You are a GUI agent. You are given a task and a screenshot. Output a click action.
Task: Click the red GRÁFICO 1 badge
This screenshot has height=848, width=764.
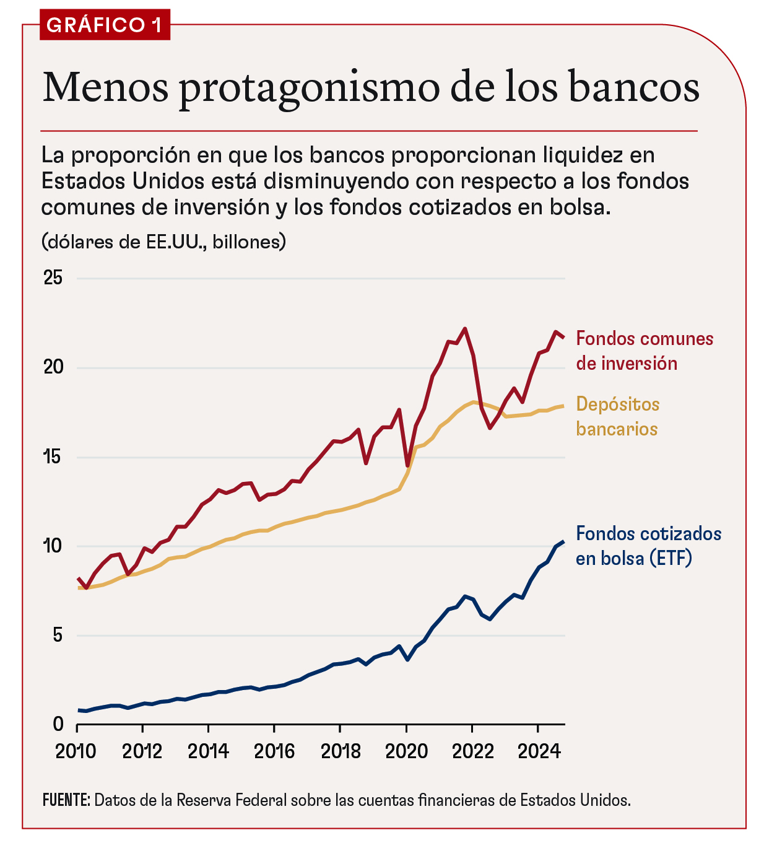[104, 25]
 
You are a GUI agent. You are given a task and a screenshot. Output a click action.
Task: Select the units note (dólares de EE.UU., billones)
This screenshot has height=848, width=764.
[163, 242]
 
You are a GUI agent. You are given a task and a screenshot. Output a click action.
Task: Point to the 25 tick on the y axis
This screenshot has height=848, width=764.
[54, 278]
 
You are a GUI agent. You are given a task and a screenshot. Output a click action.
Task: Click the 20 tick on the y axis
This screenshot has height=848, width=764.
[54, 367]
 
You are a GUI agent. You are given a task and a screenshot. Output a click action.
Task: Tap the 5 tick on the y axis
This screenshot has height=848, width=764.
[58, 636]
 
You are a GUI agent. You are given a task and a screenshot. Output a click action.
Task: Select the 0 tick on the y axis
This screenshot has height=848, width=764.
[58, 724]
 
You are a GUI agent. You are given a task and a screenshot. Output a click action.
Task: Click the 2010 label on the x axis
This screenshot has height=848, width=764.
[76, 751]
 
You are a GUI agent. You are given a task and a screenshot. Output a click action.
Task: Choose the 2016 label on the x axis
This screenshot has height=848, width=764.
[274, 751]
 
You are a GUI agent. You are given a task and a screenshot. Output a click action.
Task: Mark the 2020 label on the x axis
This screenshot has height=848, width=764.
[406, 751]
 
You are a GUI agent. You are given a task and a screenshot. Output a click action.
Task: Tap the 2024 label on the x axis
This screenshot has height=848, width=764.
[539, 751]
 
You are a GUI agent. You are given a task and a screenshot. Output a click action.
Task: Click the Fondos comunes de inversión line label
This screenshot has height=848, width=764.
[644, 351]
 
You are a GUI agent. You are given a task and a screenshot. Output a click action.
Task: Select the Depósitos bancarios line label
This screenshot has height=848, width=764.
[617, 416]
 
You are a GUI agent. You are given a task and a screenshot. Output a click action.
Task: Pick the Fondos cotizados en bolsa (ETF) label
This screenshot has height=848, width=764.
[648, 546]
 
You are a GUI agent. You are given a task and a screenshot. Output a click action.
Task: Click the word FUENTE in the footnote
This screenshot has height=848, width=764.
[66, 800]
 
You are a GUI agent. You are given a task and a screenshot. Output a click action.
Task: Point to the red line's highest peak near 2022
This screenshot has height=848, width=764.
[465, 329]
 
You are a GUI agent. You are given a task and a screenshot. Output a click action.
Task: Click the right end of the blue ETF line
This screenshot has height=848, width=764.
[562, 542]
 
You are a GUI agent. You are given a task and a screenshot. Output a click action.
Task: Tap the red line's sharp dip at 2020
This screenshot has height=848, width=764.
[407, 465]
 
